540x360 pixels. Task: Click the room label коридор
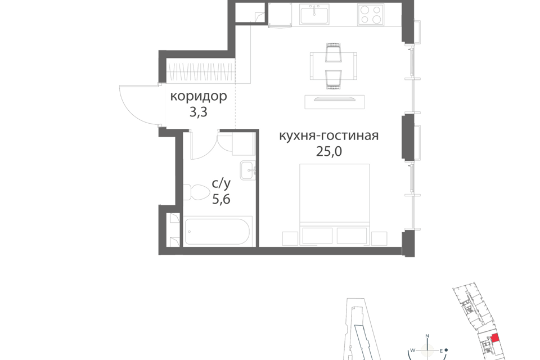pos(199,96)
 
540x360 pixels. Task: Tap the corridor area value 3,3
pos(199,112)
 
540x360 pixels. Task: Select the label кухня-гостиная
pos(329,136)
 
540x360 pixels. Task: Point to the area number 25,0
pos(329,151)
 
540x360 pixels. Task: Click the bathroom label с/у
pos(221,183)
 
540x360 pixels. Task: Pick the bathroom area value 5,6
pos(221,199)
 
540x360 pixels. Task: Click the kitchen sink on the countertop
pos(314,14)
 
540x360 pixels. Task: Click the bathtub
pos(217,231)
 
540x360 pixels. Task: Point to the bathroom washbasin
pos(248,170)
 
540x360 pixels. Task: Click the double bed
pos(334,205)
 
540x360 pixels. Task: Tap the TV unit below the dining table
pos(334,102)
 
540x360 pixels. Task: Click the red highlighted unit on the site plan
pos(494,337)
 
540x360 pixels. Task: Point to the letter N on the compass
pos(427,336)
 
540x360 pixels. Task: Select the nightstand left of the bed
pos(290,238)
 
